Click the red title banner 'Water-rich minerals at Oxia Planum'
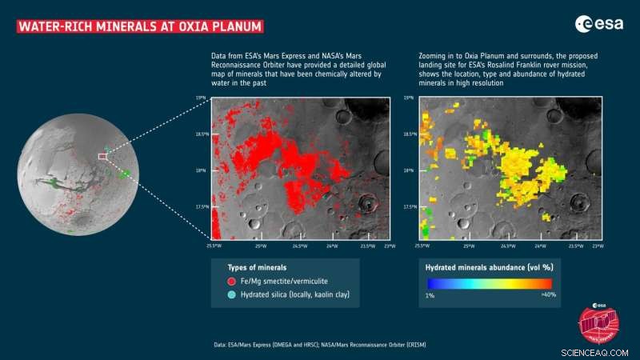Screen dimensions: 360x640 [x=140, y=26]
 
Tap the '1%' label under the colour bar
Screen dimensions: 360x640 [x=430, y=294]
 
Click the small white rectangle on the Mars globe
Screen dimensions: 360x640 [x=102, y=157]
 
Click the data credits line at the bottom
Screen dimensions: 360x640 [x=309, y=344]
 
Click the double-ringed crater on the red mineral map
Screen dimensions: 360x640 [x=367, y=204]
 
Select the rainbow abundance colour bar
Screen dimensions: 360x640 [x=489, y=282]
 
